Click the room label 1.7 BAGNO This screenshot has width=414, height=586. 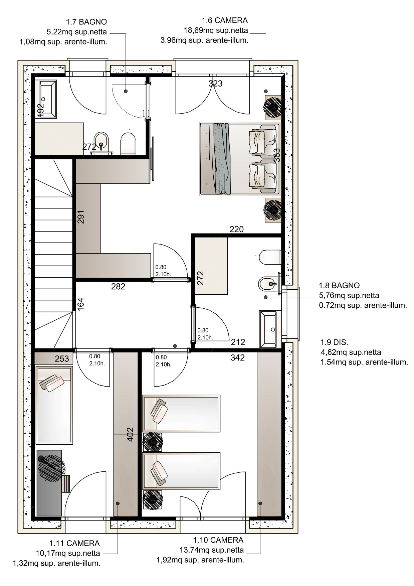(86, 22)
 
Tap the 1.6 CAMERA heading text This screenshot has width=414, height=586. (225, 20)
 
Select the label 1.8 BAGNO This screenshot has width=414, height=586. (339, 286)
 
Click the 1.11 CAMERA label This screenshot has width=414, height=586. (74, 543)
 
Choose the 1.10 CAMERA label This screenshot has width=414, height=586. (218, 540)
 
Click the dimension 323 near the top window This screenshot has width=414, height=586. (215, 84)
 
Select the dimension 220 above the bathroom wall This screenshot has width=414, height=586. (237, 229)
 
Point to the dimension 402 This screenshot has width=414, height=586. (130, 434)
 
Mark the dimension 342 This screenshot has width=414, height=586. (238, 358)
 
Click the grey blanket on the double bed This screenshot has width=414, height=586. (222, 159)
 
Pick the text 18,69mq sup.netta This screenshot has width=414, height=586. (216, 31)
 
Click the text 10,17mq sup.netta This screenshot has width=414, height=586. (68, 553)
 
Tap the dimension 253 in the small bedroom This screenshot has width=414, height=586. (62, 359)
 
